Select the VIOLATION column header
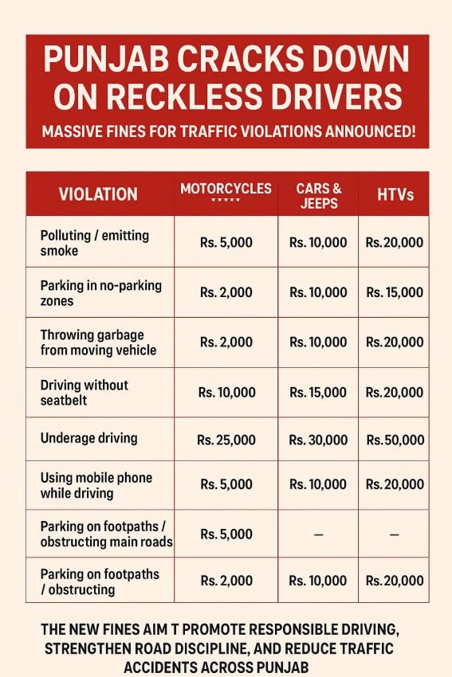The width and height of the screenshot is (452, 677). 98,194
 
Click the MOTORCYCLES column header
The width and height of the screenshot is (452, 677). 226,190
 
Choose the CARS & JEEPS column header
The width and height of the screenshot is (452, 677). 319,195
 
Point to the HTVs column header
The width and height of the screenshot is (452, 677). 395,194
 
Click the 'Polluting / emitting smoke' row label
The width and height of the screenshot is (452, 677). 94,242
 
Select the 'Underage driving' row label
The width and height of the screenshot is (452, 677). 88,438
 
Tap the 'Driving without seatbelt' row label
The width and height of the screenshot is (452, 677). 84,392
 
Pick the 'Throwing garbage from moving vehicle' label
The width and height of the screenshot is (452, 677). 98,342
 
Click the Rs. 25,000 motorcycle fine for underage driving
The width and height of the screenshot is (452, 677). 226,440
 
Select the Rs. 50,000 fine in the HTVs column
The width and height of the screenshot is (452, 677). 395,440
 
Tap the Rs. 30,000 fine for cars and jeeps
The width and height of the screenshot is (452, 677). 318,440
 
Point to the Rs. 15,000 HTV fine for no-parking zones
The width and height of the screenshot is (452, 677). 395,292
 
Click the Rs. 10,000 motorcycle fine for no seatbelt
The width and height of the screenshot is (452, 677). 226,392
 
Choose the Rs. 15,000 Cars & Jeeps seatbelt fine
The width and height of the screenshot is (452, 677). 318,392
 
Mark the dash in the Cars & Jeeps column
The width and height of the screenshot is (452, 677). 318,534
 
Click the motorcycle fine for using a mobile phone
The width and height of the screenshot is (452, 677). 226,484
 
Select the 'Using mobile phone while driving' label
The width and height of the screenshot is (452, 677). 96,485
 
